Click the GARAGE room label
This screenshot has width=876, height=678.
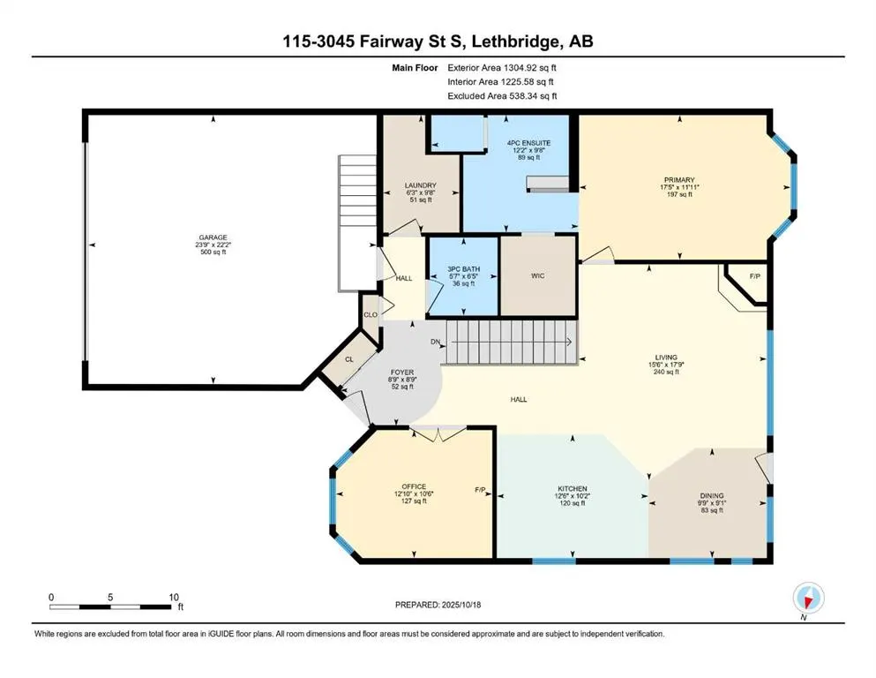213,237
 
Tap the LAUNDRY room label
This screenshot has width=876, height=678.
421,185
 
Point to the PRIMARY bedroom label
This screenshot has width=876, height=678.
679,180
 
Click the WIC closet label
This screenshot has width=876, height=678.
537,275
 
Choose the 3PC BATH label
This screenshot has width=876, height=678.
464,269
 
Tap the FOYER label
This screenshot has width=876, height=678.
402,373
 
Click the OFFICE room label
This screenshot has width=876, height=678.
414,486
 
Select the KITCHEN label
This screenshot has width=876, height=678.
572,489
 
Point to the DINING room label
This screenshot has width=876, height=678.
712,496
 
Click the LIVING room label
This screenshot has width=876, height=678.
666,358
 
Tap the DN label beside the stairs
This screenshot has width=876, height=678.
435,342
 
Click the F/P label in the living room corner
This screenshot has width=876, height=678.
755,276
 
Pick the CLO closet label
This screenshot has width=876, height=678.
371,314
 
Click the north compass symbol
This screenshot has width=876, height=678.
808,598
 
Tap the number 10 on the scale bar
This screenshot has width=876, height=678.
174,598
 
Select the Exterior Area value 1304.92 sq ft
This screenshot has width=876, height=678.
530,68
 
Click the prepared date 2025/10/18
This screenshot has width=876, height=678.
461,605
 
